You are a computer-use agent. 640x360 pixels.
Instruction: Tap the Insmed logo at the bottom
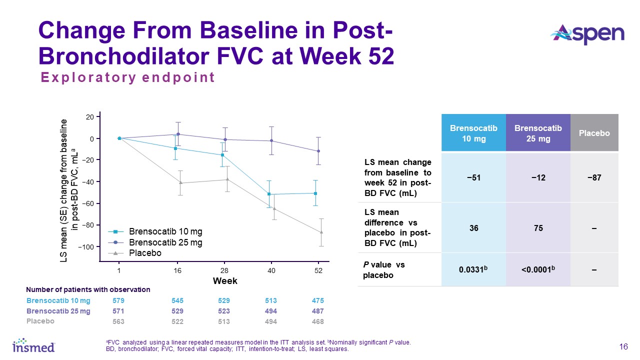click(x=33, y=345)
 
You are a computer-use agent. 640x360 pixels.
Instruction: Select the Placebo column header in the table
click(x=594, y=133)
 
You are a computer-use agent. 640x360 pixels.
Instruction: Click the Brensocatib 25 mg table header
click(x=538, y=133)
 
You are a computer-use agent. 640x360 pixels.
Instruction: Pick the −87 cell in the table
click(x=594, y=177)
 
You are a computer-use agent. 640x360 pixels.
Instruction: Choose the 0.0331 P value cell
click(x=473, y=269)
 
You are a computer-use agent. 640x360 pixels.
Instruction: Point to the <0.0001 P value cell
click(x=538, y=269)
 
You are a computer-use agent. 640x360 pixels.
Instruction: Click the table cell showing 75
click(x=538, y=228)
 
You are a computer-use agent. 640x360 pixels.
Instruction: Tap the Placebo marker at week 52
click(x=321, y=232)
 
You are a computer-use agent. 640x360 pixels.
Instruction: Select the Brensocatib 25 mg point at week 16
click(x=178, y=134)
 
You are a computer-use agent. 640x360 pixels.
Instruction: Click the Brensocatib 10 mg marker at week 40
click(x=269, y=194)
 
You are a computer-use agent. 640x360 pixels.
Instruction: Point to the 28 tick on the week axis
click(x=224, y=270)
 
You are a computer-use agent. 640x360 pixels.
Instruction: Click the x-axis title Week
click(x=225, y=281)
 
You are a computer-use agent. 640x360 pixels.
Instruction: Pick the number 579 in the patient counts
click(x=118, y=301)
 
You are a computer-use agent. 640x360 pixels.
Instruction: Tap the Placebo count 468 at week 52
click(x=318, y=321)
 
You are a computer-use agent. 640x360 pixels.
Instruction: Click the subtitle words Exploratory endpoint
click(x=128, y=77)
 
